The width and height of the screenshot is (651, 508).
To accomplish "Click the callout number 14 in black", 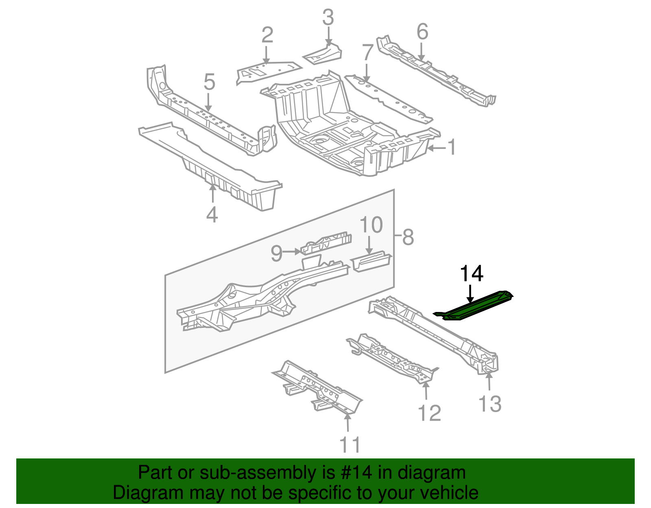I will [471, 274].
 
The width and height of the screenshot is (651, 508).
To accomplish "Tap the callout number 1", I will [452, 147].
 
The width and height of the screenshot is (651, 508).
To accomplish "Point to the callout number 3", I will [328, 18].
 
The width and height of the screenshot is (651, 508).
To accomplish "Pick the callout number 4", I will [212, 215].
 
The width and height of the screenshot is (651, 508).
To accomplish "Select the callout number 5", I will [209, 83].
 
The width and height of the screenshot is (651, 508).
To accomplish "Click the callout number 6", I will [422, 31].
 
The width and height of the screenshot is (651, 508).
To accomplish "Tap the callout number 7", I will [367, 53].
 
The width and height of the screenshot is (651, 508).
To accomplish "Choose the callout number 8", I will [408, 237].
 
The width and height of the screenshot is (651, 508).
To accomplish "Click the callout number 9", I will [277, 254].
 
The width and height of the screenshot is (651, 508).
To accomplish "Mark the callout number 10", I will [371, 225].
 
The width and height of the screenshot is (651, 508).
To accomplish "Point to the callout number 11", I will [350, 445].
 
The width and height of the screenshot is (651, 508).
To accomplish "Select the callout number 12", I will [429, 413].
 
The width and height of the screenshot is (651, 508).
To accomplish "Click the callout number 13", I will [490, 404].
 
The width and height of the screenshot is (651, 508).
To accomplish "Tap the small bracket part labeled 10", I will [371, 262].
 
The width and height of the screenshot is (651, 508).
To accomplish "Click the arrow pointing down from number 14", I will [470, 294].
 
